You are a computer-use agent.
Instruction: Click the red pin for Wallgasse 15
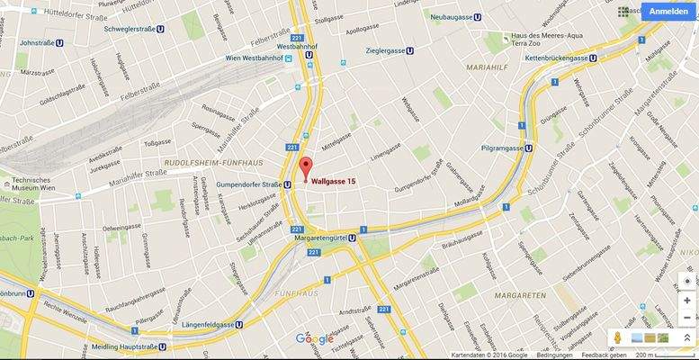tap(306, 168)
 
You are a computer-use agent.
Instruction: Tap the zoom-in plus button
tap(687, 300)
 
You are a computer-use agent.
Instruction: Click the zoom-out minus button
tap(687, 318)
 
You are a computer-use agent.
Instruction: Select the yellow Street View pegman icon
tap(618, 337)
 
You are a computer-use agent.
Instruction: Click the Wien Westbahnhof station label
tap(264, 58)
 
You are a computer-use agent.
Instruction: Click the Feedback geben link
tap(603, 355)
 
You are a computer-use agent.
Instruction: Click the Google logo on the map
tap(314, 338)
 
